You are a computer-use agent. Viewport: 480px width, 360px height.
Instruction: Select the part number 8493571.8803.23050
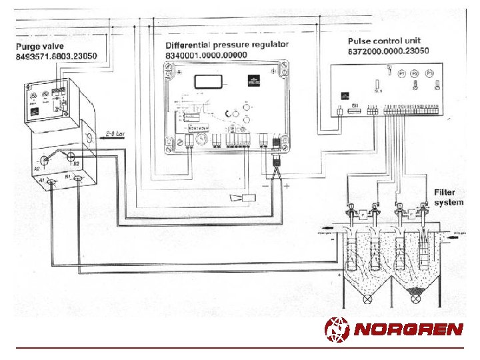click(57, 57)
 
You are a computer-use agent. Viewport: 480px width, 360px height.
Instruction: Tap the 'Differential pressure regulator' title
click(227, 45)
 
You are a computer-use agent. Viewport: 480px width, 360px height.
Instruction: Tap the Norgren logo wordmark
click(408, 329)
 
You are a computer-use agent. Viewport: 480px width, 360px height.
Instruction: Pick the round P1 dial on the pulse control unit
click(401, 73)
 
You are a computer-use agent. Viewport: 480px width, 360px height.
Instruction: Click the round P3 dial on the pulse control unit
click(430, 73)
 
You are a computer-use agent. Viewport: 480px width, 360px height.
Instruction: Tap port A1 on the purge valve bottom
click(53, 182)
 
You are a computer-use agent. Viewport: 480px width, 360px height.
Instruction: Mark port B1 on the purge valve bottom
click(79, 179)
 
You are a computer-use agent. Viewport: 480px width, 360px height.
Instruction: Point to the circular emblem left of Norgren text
click(337, 329)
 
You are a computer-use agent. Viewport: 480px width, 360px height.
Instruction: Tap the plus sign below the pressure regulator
click(287, 187)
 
